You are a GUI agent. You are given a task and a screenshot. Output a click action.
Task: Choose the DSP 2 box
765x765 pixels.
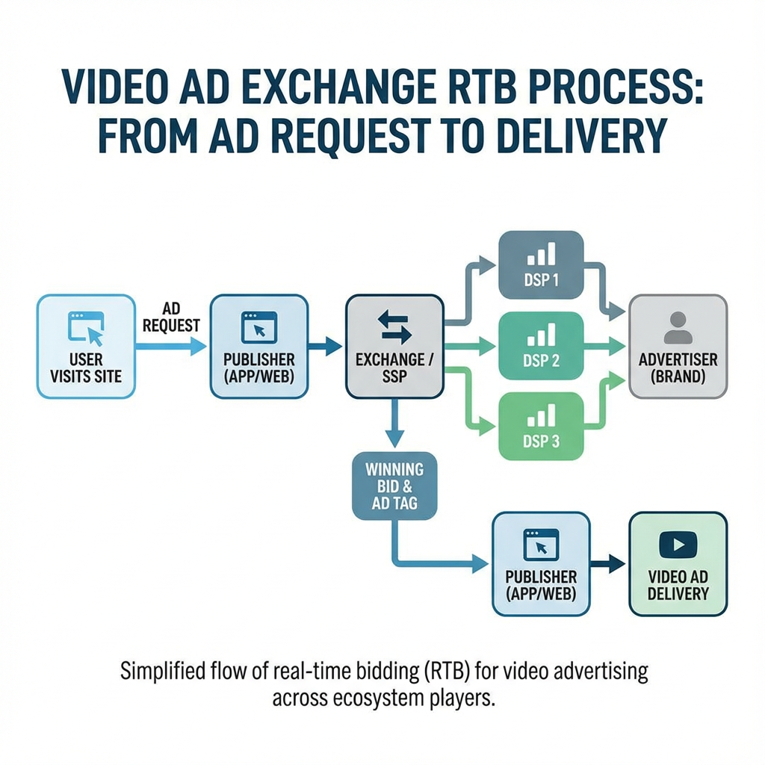coord(540,345)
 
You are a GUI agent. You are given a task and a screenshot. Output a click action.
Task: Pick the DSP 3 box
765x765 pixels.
coord(540,426)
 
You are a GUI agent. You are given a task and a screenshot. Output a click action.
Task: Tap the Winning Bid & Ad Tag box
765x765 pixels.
coord(394,486)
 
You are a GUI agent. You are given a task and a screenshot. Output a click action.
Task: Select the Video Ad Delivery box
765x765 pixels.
coord(678,563)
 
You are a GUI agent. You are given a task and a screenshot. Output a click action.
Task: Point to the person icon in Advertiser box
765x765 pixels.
coord(678,327)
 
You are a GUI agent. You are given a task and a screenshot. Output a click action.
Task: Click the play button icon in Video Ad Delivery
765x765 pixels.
coord(678,545)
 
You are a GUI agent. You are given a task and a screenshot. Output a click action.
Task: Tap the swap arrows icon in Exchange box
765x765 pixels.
coord(394,327)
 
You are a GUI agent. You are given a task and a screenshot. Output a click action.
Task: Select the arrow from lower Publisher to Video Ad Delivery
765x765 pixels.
coord(609,563)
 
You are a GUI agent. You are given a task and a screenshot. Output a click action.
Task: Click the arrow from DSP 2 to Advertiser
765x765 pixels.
coord(605,345)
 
